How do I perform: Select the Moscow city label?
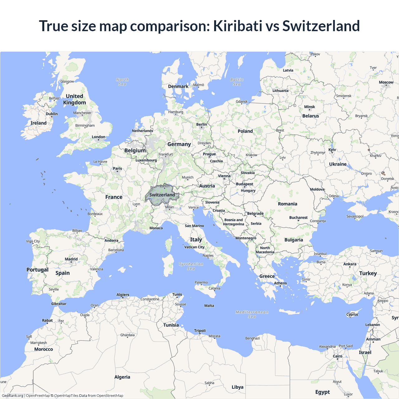coord(386,82)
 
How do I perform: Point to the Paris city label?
coord(118,169)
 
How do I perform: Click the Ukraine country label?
coord(338,164)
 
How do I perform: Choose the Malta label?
coord(209,306)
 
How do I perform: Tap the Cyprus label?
coord(352,315)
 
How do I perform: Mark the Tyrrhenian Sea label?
coord(191,266)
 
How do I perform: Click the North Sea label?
coord(123,82)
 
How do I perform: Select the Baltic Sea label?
coord(237,82)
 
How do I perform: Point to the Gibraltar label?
coord(59,304)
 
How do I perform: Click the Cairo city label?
coord(338,356)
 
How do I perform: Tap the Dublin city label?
coord(52,114)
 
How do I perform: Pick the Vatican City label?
coord(195,247)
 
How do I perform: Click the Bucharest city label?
coord(298,218)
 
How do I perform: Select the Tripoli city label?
coord(200,331)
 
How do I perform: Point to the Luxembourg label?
coord(146,160)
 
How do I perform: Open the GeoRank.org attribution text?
coord(12,396)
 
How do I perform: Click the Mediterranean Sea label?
coord(252,314)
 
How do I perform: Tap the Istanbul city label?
coord(320,254)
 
